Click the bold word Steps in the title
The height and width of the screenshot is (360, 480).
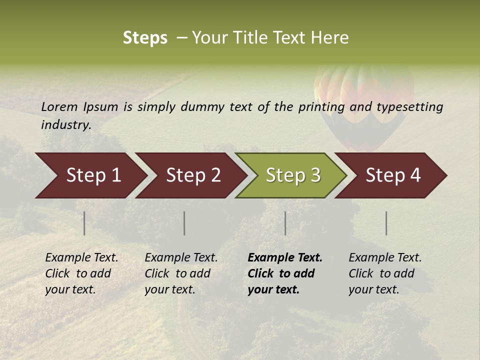point(145,38)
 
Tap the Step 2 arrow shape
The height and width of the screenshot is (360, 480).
point(192,175)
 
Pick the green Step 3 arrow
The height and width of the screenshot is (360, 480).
point(292,175)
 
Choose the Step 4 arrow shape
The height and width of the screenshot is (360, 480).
point(392,175)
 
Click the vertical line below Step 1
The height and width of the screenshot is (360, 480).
point(84,223)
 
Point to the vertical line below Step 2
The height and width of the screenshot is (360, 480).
point(184,223)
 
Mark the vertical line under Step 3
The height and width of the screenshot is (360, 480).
point(285,223)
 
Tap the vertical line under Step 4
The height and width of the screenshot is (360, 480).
point(386,223)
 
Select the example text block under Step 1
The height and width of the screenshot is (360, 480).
point(81,273)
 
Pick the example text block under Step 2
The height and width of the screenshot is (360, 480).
point(180,273)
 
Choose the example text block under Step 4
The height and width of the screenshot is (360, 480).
point(384,273)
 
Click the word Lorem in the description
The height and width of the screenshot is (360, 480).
point(59,106)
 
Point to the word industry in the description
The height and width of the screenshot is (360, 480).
point(66,125)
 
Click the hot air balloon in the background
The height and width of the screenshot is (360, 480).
point(363,100)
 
